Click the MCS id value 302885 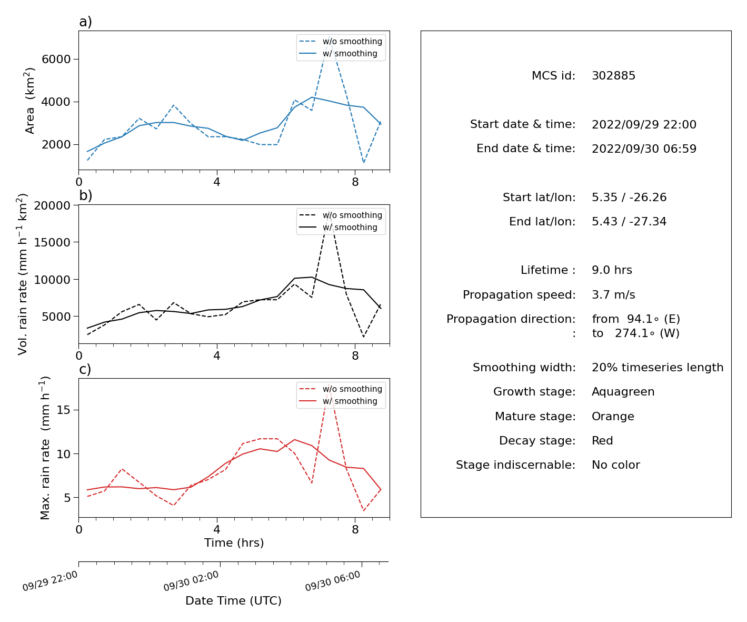point(613,75)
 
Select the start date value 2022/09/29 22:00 point(644,124)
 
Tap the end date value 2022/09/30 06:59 point(644,149)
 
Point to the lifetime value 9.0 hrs point(612,270)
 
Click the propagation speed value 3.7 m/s point(613,294)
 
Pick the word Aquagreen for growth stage point(623,392)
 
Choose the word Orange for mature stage point(613,416)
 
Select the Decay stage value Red point(602,440)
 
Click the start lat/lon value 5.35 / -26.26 point(629,197)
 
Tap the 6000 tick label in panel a point(56,59)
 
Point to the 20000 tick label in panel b point(52,205)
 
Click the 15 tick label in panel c point(64,410)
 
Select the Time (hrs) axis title point(234,542)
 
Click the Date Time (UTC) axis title point(233,600)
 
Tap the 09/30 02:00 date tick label point(191,580)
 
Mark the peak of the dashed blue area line point(329,36)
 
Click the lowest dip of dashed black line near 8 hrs point(363,337)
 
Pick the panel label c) point(85,369)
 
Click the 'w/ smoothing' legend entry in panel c point(338,401)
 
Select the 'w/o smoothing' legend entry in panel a point(341,41)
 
